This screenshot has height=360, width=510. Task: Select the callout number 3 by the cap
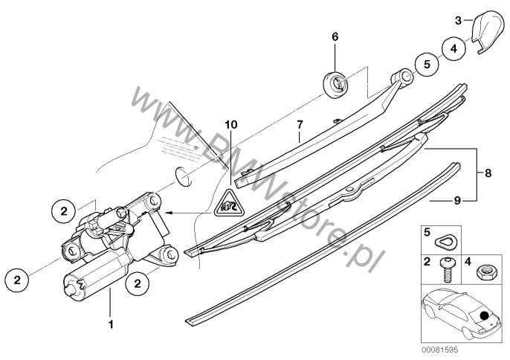459,19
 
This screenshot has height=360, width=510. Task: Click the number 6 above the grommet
335,36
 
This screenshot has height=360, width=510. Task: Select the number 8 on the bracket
488,172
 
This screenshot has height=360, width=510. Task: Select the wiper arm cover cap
486,34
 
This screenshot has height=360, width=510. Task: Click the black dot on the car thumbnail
485,315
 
